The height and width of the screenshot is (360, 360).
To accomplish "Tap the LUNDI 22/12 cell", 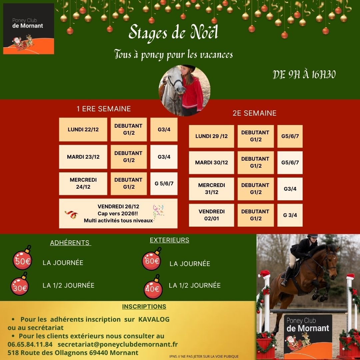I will click(83, 129).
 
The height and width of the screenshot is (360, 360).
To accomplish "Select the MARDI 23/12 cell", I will click(83, 157).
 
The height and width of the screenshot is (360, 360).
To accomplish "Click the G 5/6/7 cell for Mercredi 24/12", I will click(164, 183).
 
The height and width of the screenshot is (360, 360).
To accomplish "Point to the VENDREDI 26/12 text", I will click(118, 207).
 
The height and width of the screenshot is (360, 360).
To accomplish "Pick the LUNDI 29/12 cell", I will click(211, 136).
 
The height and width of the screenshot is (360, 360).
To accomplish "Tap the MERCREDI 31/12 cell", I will click(211, 189).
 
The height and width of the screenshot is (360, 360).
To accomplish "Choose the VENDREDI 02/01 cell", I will click(211, 215).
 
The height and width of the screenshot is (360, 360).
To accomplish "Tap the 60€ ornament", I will click(152, 261).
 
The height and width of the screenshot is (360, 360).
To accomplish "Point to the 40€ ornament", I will click(153, 288).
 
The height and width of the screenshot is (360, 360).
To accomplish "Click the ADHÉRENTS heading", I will click(70, 243).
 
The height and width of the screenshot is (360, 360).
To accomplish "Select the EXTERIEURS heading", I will click(169, 240).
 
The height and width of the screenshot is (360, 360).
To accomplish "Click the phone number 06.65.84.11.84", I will click(30, 344).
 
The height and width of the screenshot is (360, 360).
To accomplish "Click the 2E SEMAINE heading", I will click(254, 113).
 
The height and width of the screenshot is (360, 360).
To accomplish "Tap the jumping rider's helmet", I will click(313, 236).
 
